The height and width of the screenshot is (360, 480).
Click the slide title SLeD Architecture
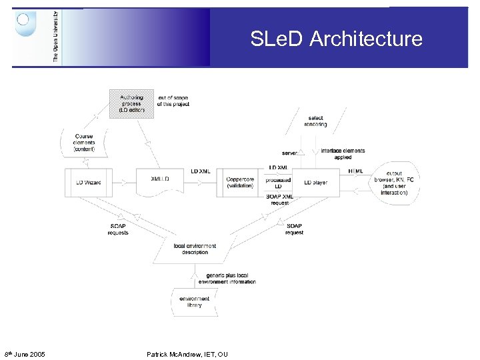336,39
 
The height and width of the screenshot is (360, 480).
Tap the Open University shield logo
25,23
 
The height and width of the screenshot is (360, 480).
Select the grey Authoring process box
131,105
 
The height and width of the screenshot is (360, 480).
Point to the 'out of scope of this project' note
173,101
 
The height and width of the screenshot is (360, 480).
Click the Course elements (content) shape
84,142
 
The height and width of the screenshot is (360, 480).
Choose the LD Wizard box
88,182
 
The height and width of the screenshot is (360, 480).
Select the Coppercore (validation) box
239,182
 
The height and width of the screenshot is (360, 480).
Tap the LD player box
316,182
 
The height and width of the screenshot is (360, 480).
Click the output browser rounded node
398,183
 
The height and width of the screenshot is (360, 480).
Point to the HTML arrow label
356,171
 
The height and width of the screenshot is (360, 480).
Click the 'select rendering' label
316,121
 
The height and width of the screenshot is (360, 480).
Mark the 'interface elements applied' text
343,153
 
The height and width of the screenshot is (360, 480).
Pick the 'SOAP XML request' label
279,200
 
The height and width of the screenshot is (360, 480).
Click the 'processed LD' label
277,183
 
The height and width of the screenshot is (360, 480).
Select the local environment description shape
194,249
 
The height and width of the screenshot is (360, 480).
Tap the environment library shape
194,302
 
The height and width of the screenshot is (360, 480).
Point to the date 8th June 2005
25,354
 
